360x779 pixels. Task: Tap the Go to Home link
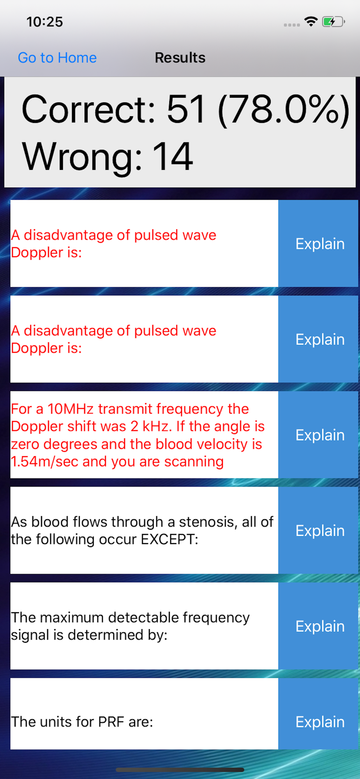pos(57,58)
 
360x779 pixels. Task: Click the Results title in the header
pos(180,58)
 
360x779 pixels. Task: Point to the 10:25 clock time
pos(44,22)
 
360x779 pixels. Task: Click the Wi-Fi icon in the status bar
pos(311,21)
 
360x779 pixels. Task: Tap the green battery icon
pos(333,21)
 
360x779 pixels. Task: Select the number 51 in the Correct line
pos(186,110)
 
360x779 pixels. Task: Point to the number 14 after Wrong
pos(173,157)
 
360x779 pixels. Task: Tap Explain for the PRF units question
pos(320,722)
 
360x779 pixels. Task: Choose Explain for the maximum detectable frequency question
pos(320,626)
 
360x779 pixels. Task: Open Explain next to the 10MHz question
pos(320,435)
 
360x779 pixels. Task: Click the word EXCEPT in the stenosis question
pos(169,539)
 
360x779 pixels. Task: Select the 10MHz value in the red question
pos(71,409)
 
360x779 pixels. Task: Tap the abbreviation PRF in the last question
pos(111,722)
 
